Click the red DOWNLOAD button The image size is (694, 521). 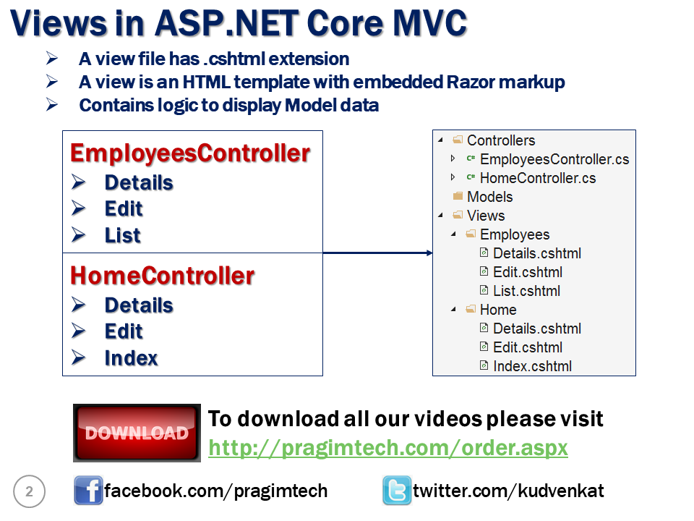pyautogui.click(x=137, y=433)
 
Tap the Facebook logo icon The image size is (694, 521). pyautogui.click(x=88, y=491)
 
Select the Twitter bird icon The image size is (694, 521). pyautogui.click(x=397, y=491)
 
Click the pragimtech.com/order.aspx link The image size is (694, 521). pyautogui.click(x=387, y=448)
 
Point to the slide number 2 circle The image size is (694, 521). pyautogui.click(x=29, y=492)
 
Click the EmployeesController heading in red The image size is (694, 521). pyautogui.click(x=190, y=154)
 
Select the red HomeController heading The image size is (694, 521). pyautogui.click(x=162, y=276)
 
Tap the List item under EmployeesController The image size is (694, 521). pyautogui.click(x=122, y=235)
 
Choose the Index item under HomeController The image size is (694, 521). pyautogui.click(x=131, y=358)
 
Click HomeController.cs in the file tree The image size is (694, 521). pyautogui.click(x=537, y=178)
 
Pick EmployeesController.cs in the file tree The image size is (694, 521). pyautogui.click(x=554, y=159)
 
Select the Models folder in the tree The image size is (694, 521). pyautogui.click(x=489, y=197)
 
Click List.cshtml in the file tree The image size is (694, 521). pyautogui.click(x=526, y=291)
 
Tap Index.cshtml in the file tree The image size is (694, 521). pyautogui.click(x=532, y=366)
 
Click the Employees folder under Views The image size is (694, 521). pyautogui.click(x=514, y=234)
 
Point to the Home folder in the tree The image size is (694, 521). pyautogui.click(x=498, y=310)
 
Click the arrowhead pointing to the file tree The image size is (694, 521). pyautogui.click(x=429, y=253)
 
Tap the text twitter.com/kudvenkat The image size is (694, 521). pyautogui.click(x=508, y=491)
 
